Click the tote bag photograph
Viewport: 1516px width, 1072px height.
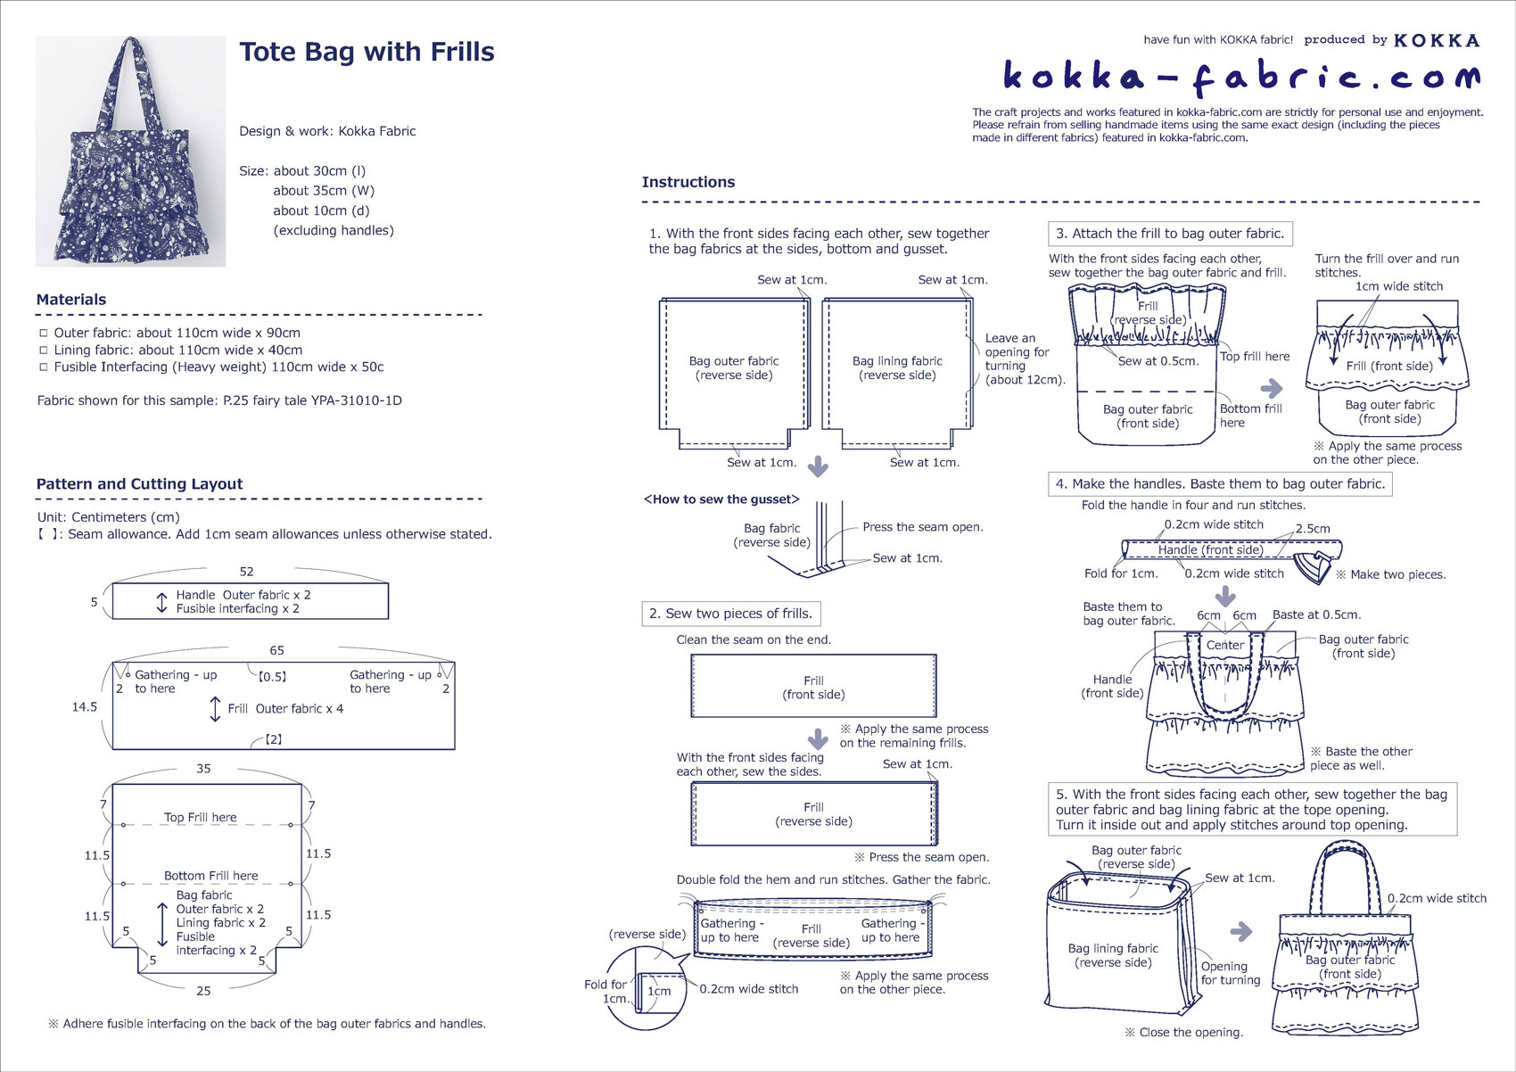[x=130, y=151]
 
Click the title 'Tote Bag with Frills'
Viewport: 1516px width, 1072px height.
[x=367, y=52]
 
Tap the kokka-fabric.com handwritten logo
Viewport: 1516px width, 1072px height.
[x=1242, y=78]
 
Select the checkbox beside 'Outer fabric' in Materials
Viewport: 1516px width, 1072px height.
[x=44, y=333]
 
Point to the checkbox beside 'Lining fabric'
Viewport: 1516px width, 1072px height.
[x=44, y=350]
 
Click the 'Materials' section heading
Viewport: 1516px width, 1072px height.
[x=71, y=299]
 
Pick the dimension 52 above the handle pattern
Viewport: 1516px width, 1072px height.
[x=246, y=572]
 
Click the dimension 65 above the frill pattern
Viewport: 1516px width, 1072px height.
[x=276, y=650]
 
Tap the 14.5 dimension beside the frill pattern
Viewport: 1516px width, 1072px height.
[x=85, y=707]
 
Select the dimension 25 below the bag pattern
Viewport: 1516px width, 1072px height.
[x=203, y=991]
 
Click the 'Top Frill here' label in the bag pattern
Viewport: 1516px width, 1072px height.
[x=201, y=818]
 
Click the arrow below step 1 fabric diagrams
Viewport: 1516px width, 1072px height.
[x=819, y=466]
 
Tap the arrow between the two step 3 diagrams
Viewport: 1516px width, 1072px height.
[x=1272, y=389]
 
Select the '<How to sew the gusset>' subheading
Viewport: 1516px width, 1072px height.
[x=721, y=499]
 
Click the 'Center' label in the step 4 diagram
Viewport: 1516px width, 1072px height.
[x=1225, y=645]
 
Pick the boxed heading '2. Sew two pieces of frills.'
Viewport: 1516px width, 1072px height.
[x=731, y=614]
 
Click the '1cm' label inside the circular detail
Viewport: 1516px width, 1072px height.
[x=659, y=992]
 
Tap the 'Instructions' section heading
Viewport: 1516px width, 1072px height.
[x=688, y=182]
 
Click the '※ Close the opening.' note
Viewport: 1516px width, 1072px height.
[x=1184, y=1033]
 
